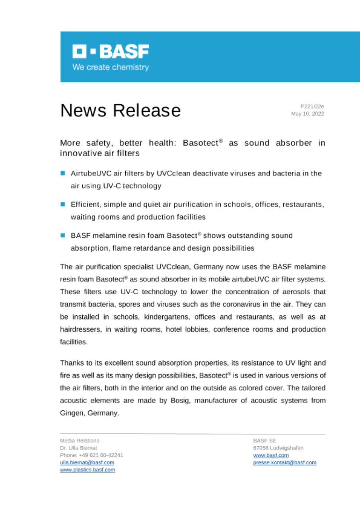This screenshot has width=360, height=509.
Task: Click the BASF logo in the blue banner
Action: point(111,51)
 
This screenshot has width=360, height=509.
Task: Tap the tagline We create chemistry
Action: point(111,67)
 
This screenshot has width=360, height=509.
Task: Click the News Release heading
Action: point(120,110)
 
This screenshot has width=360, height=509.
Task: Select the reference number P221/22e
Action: point(313,106)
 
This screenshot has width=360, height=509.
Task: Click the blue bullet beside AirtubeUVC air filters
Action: point(63,173)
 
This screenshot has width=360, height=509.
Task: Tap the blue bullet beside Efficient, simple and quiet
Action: point(63,204)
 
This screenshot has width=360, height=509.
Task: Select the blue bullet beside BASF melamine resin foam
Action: point(63,235)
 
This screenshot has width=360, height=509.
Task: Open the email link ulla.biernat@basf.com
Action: point(87,462)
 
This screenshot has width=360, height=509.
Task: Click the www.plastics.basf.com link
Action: point(88,470)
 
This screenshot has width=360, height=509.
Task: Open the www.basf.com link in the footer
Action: point(271,455)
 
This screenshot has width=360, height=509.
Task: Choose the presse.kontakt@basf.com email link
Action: point(284,462)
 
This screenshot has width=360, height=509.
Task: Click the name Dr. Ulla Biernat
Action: point(78,448)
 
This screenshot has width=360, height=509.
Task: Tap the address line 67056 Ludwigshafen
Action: point(278,448)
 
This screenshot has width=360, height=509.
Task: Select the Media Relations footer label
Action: point(80,441)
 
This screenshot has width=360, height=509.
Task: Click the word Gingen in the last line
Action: point(70,413)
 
